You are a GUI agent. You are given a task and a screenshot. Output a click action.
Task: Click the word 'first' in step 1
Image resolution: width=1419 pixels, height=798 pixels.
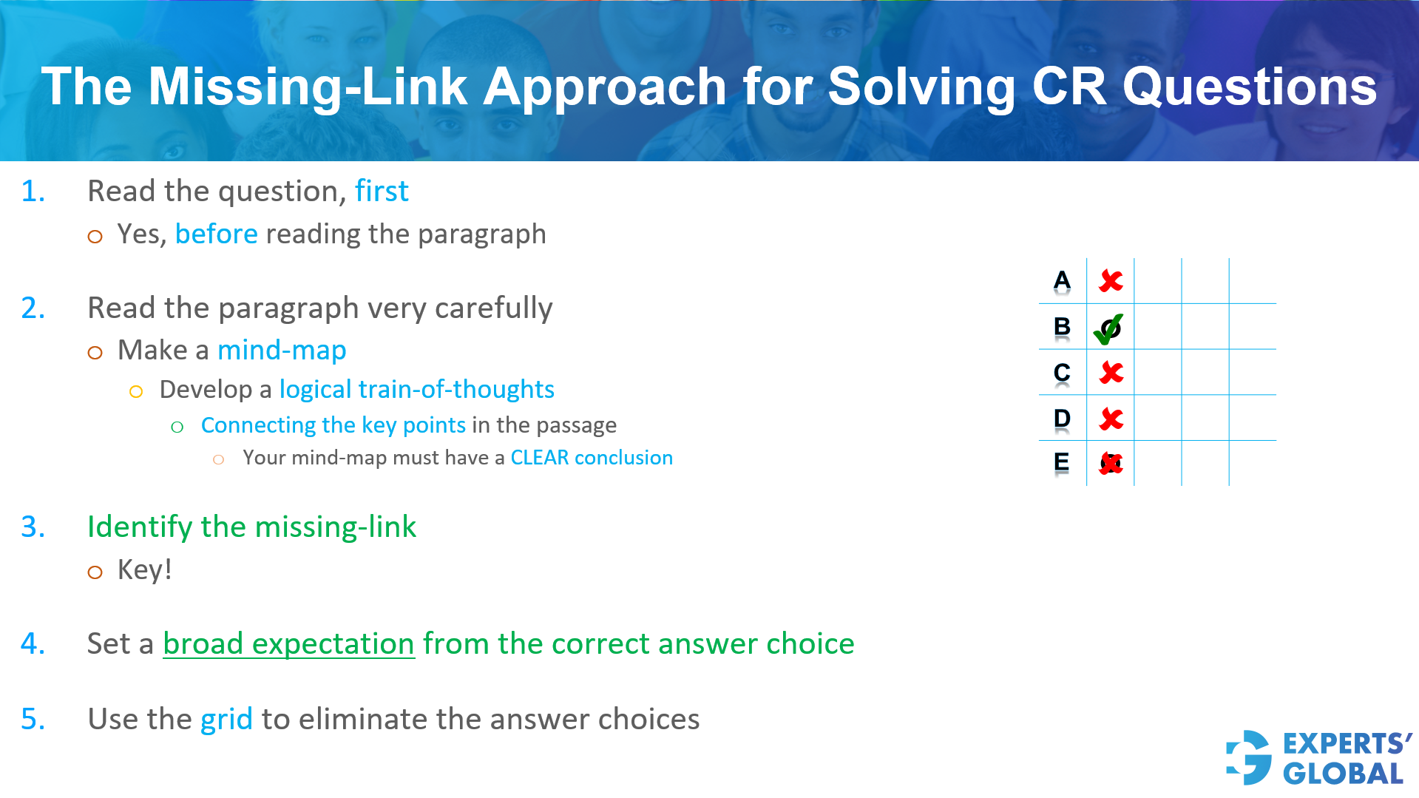[x=382, y=192]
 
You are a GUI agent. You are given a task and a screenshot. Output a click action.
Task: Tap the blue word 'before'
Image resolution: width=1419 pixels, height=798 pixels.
[x=216, y=234]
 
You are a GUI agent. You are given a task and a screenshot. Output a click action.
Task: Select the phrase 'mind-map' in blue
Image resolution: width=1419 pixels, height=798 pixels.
[x=282, y=351]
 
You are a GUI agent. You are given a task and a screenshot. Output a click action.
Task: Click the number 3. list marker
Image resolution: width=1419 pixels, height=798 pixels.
[x=33, y=527]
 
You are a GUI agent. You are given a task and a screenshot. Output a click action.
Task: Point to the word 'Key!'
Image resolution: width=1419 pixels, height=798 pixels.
[x=145, y=570]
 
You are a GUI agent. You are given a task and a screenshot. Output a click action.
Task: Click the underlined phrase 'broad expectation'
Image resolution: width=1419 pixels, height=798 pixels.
[x=288, y=644]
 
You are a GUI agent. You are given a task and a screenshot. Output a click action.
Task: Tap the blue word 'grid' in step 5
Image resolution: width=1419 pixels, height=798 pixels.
[x=226, y=720]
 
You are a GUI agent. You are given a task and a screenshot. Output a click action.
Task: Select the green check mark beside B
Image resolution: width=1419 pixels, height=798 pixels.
[x=1108, y=328]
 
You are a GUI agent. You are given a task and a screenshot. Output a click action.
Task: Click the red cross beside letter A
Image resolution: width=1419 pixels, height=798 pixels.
[x=1111, y=281]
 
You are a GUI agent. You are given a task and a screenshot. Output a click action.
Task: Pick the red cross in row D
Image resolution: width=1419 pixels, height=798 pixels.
[x=1111, y=419]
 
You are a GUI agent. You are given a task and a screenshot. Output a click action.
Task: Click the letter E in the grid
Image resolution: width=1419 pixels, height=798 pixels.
[x=1061, y=463]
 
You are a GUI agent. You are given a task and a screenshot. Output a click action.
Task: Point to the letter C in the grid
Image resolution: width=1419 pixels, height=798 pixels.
[x=1062, y=372]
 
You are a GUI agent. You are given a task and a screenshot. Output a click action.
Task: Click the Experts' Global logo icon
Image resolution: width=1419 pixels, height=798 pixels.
[x=1249, y=757]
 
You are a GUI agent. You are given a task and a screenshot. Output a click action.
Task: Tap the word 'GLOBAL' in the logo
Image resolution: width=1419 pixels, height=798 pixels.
[x=1343, y=774]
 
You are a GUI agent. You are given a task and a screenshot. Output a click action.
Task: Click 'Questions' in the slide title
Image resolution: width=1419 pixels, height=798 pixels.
[x=1249, y=87]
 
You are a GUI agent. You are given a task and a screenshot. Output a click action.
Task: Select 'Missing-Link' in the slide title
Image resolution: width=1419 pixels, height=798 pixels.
[x=308, y=87]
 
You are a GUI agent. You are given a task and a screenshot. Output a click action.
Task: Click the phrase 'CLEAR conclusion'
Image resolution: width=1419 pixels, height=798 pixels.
[x=592, y=458]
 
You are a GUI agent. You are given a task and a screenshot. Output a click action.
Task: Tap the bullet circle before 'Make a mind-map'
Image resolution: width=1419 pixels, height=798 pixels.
[x=95, y=353]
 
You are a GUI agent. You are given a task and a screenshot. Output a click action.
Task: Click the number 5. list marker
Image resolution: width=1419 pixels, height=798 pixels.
[x=33, y=720]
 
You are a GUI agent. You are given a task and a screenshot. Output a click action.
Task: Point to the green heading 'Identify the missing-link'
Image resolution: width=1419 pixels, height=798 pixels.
[x=251, y=527]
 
